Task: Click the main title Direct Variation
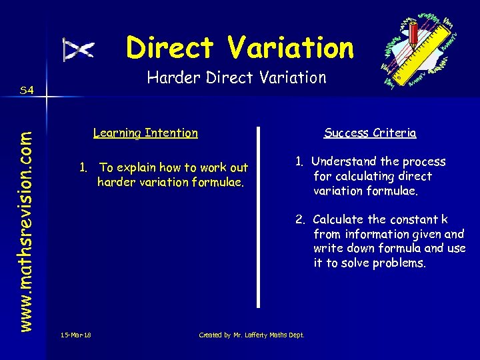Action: pos(240,48)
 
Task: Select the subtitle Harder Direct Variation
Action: pos(237,78)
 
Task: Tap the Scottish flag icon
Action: pos(79,49)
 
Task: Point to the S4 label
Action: pos(27,89)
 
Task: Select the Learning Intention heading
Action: pos(145,133)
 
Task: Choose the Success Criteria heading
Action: pos(370,133)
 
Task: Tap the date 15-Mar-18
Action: pos(75,335)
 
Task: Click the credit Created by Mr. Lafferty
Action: pos(251,335)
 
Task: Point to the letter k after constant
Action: pos(445,219)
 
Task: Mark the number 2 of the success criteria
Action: pos(301,219)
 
